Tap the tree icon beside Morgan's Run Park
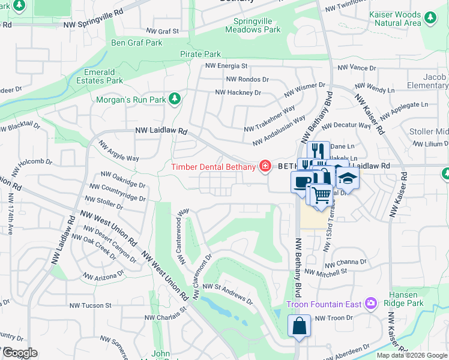[x=175, y=98]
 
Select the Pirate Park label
[x=200, y=54]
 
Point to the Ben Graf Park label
[x=137, y=43]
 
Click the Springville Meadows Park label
[x=257, y=25]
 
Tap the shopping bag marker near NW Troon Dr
[x=299, y=326]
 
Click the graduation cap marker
[x=347, y=178]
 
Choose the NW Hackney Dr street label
[x=238, y=93]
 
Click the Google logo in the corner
[x=19, y=353]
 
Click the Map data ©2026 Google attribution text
[x=411, y=355]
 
